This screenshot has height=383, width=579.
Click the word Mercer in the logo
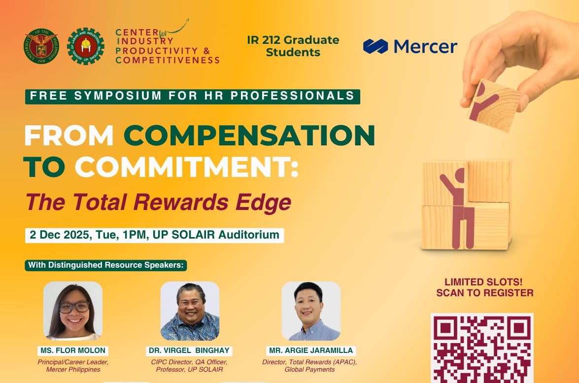point(426,46)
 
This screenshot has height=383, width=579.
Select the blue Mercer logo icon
point(376,46)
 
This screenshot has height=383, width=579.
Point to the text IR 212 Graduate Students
point(293,46)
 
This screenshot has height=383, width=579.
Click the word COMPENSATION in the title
point(249,136)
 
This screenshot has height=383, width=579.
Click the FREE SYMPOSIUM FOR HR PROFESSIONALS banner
point(192,96)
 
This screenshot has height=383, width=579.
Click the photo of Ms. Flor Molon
point(73,311)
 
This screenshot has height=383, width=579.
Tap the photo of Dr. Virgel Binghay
point(190,311)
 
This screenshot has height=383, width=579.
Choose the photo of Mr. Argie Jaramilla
point(311,311)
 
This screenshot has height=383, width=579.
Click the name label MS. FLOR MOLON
point(73,350)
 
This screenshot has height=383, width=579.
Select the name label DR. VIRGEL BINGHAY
point(190,350)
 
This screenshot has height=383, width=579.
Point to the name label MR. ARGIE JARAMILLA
point(311,350)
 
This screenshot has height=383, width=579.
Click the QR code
point(482,348)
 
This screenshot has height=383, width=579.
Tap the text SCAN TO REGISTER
point(484,293)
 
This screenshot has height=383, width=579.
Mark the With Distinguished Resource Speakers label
point(106,265)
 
